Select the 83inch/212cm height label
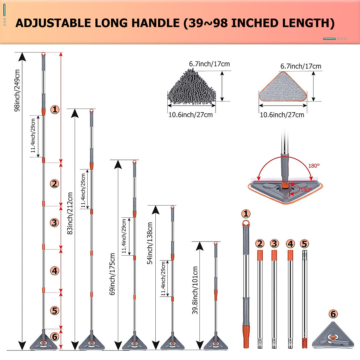[x=70, y=213]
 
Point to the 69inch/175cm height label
[x=112, y=274]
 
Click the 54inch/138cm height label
[x=150, y=243]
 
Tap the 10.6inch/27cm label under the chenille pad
[x=190, y=115]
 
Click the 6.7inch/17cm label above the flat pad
[x=301, y=66]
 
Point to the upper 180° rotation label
[x=314, y=166]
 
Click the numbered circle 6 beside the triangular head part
[x=333, y=314]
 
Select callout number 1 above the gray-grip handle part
[x=246, y=214]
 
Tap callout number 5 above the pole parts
[x=304, y=244]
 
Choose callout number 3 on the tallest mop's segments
[x=54, y=223]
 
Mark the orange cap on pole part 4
[x=290, y=255]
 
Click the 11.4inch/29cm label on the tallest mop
[x=33, y=136]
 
